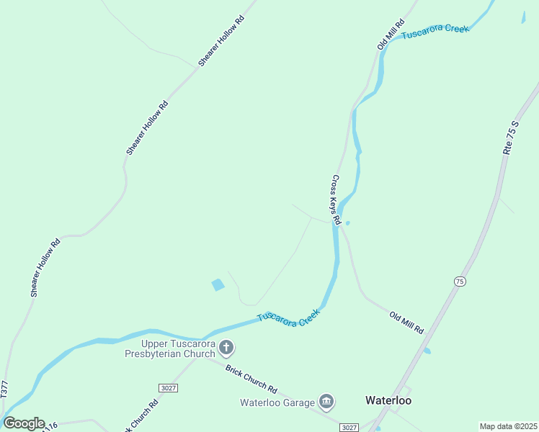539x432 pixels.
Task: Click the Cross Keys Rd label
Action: pyautogui.click(x=335, y=195)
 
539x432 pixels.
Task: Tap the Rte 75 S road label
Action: pyautogui.click(x=511, y=136)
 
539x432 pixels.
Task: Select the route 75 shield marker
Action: pyautogui.click(x=460, y=282)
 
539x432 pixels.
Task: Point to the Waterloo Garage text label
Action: pyautogui.click(x=277, y=402)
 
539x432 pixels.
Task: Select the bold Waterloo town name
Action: pyautogui.click(x=388, y=400)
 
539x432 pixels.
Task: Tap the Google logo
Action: pyautogui.click(x=24, y=423)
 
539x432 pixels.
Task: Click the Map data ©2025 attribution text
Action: pyautogui.click(x=508, y=426)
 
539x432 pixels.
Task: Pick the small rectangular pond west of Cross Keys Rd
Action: pyautogui.click(x=218, y=285)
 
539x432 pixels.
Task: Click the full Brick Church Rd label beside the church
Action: pyautogui.click(x=251, y=377)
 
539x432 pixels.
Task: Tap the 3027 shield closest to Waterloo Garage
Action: pyautogui.click(x=349, y=427)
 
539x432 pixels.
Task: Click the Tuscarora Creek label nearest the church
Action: pyautogui.click(x=288, y=318)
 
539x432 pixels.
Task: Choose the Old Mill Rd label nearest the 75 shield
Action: pyautogui.click(x=406, y=321)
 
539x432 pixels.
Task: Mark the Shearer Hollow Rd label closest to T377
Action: pyautogui.click(x=45, y=267)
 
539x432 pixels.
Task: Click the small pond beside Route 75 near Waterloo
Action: pyautogui.click(x=427, y=351)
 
